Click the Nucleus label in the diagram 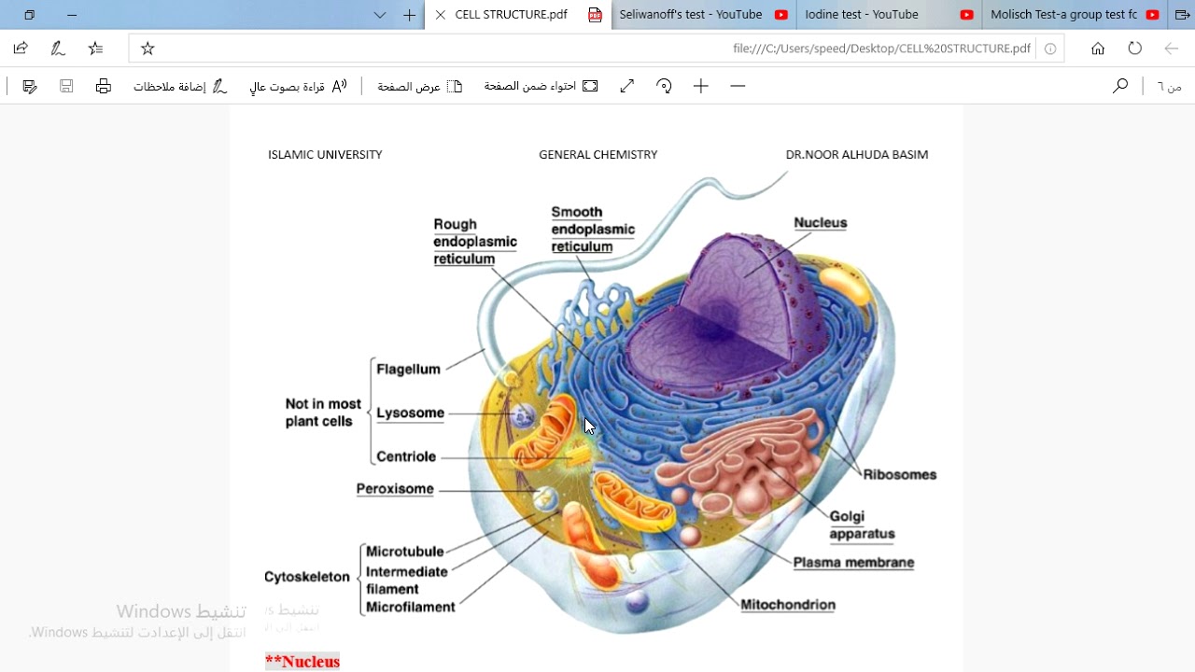820,223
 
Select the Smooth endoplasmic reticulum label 592,230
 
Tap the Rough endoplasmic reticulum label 474,242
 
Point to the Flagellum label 408,370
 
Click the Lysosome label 410,413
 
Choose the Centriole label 406,457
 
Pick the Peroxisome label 395,489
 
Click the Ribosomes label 899,475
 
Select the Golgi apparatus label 861,525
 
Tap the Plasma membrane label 853,563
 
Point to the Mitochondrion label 787,605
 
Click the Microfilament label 410,608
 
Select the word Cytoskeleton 307,577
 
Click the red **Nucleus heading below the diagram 302,662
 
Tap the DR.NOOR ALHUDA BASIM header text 856,155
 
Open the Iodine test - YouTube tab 861,15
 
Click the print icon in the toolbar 104,87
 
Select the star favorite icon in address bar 148,49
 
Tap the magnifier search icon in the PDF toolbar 1119,87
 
